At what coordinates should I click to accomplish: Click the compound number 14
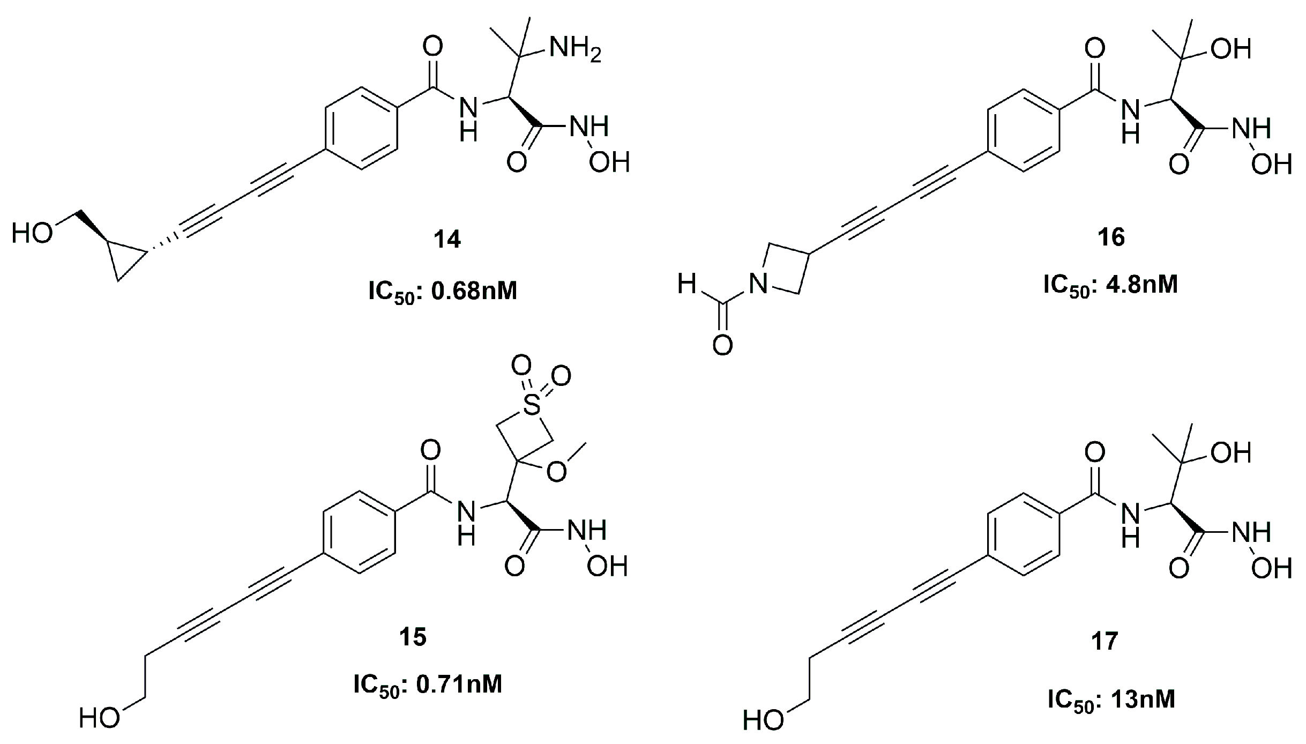click(447, 239)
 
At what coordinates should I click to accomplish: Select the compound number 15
click(413, 637)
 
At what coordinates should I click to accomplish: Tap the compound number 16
click(1111, 237)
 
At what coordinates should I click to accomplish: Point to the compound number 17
click(1104, 641)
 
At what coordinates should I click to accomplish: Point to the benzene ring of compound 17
click(1023, 534)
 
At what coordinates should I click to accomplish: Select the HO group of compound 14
click(32, 234)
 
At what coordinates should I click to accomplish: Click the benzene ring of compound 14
click(361, 129)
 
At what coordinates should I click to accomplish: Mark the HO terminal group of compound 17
click(763, 720)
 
